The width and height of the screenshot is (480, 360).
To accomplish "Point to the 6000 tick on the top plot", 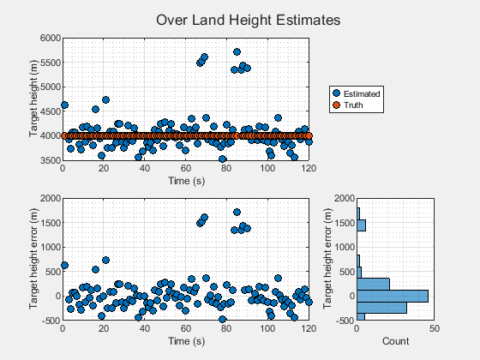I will tap(49, 38).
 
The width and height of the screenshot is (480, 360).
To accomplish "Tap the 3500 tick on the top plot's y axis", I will tap(49, 160).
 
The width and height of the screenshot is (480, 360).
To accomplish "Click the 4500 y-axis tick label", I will tap(49, 111).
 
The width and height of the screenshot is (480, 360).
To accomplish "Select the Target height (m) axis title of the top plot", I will tap(33, 99).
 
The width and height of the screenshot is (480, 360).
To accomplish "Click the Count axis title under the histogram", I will tap(395, 340).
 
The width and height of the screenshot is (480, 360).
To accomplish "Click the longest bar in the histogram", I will tap(393, 296).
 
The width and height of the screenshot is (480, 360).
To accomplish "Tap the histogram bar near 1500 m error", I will tap(362, 225).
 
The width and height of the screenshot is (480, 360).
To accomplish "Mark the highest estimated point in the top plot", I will tap(237, 51).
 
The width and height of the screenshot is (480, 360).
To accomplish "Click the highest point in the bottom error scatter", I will tap(237, 212).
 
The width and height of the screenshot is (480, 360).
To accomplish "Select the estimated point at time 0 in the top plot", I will tap(63, 105).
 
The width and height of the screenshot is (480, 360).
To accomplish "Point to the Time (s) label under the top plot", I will tap(186, 181).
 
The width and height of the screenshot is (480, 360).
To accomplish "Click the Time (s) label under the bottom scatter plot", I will tap(186, 340).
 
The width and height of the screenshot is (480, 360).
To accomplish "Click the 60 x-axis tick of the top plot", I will tap(186, 169).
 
